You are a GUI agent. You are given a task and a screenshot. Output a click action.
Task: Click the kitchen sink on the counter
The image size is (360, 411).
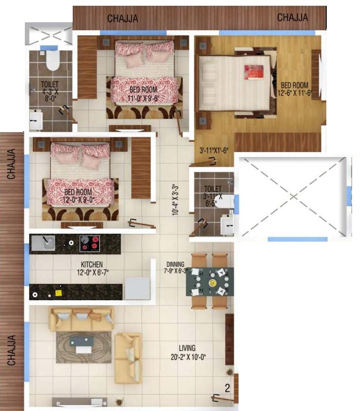pyautogui.click(x=43, y=243)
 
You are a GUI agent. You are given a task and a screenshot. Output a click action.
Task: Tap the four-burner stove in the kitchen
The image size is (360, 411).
pyautogui.click(x=90, y=243)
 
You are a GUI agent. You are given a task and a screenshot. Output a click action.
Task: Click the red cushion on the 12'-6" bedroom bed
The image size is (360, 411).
pyautogui.click(x=254, y=72)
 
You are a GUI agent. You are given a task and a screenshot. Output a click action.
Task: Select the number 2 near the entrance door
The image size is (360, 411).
pyautogui.click(x=227, y=389)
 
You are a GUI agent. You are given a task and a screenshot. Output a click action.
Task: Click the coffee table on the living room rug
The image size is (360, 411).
pyautogui.click(x=82, y=344)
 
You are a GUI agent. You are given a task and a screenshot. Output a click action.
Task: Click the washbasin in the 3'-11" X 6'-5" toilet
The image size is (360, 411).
pyautogui.click(x=227, y=224)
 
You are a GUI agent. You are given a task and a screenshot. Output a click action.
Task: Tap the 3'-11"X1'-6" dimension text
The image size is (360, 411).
pyautogui.click(x=213, y=151)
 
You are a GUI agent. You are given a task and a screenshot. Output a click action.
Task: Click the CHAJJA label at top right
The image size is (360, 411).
pyautogui.click(x=293, y=17)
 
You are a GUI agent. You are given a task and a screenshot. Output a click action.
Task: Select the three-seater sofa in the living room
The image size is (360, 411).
pyautogui.click(x=81, y=317)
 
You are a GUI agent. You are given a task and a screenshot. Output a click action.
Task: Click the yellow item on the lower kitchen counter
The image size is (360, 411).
pyautogui.click(x=57, y=293)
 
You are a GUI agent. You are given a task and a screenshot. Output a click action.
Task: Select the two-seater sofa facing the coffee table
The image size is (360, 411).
pyautogui.click(x=128, y=358)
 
